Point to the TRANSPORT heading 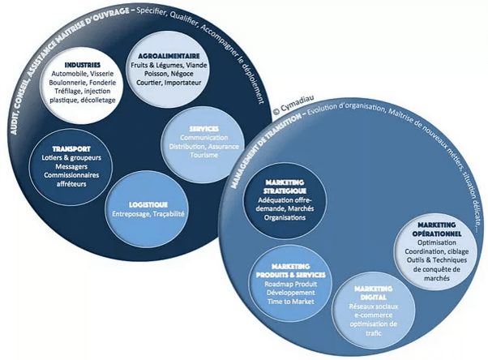click(x=71, y=149)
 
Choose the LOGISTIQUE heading click(x=148, y=204)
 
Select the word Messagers click(x=71, y=167)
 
